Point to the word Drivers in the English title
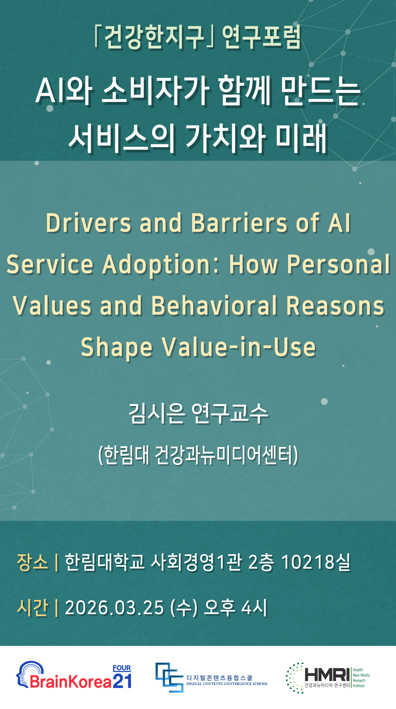pyautogui.click(x=89, y=223)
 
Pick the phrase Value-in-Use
pyautogui.click(x=239, y=347)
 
